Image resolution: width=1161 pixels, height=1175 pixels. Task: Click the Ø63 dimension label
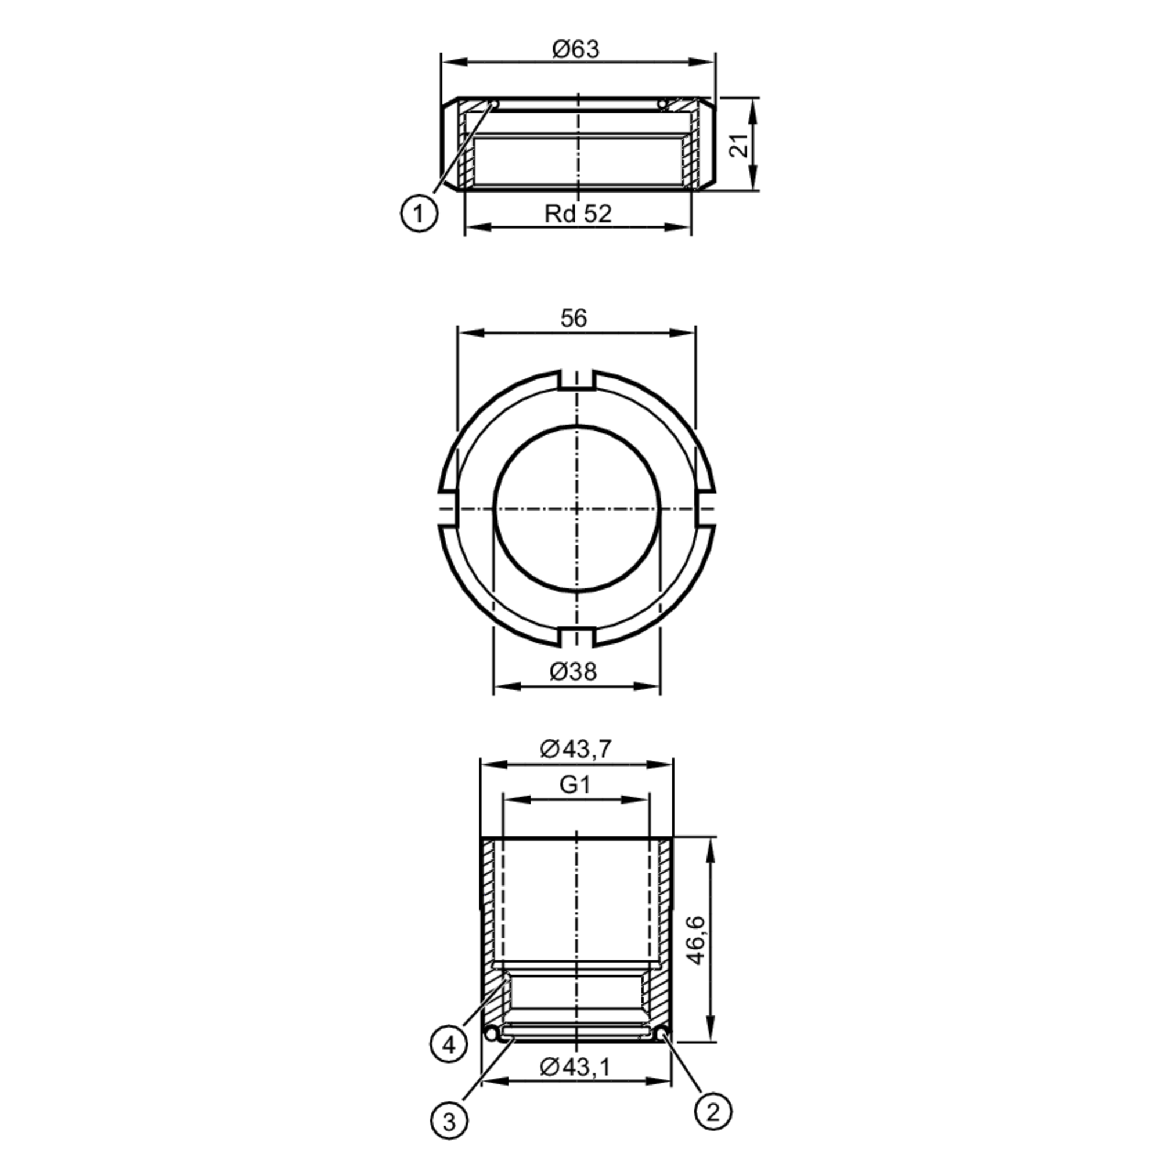pos(575,49)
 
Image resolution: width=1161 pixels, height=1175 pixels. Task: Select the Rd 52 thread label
pos(578,214)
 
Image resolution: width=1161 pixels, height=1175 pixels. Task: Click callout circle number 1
pos(419,214)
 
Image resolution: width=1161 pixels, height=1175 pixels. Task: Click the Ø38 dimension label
pos(573,671)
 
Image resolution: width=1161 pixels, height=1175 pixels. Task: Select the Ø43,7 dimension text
pos(575,749)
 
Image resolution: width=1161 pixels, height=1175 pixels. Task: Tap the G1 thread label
pos(575,785)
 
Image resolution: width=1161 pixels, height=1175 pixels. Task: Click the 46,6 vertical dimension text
pos(694,939)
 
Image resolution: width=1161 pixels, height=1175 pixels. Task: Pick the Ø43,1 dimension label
pos(575,1065)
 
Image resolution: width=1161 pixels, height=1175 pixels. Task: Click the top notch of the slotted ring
pos(576,379)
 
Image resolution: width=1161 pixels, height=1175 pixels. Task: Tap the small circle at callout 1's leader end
pos(495,104)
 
